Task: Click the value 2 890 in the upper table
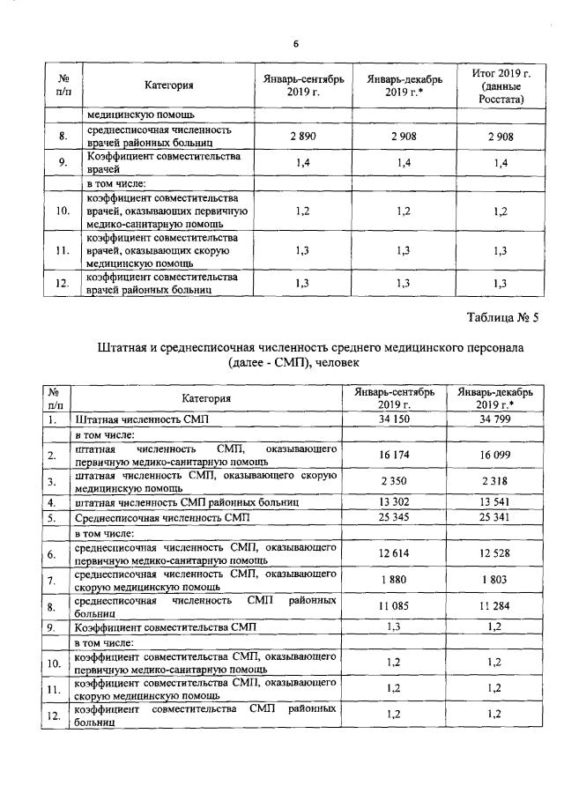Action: coord(302,137)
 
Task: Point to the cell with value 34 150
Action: coord(395,419)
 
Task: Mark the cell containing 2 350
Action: coord(395,482)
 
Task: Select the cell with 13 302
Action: coord(395,502)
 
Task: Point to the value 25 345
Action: coord(395,518)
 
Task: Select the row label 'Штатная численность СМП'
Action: coord(143,420)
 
